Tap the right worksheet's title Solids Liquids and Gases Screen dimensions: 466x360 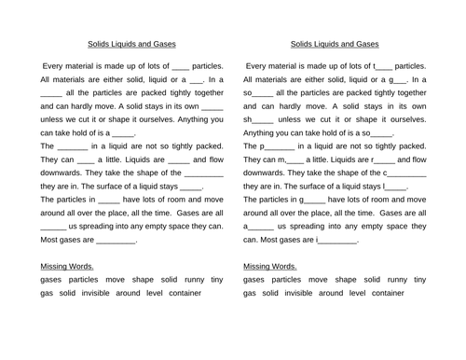[335, 43]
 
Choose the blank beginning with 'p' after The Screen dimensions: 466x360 [280, 146]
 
